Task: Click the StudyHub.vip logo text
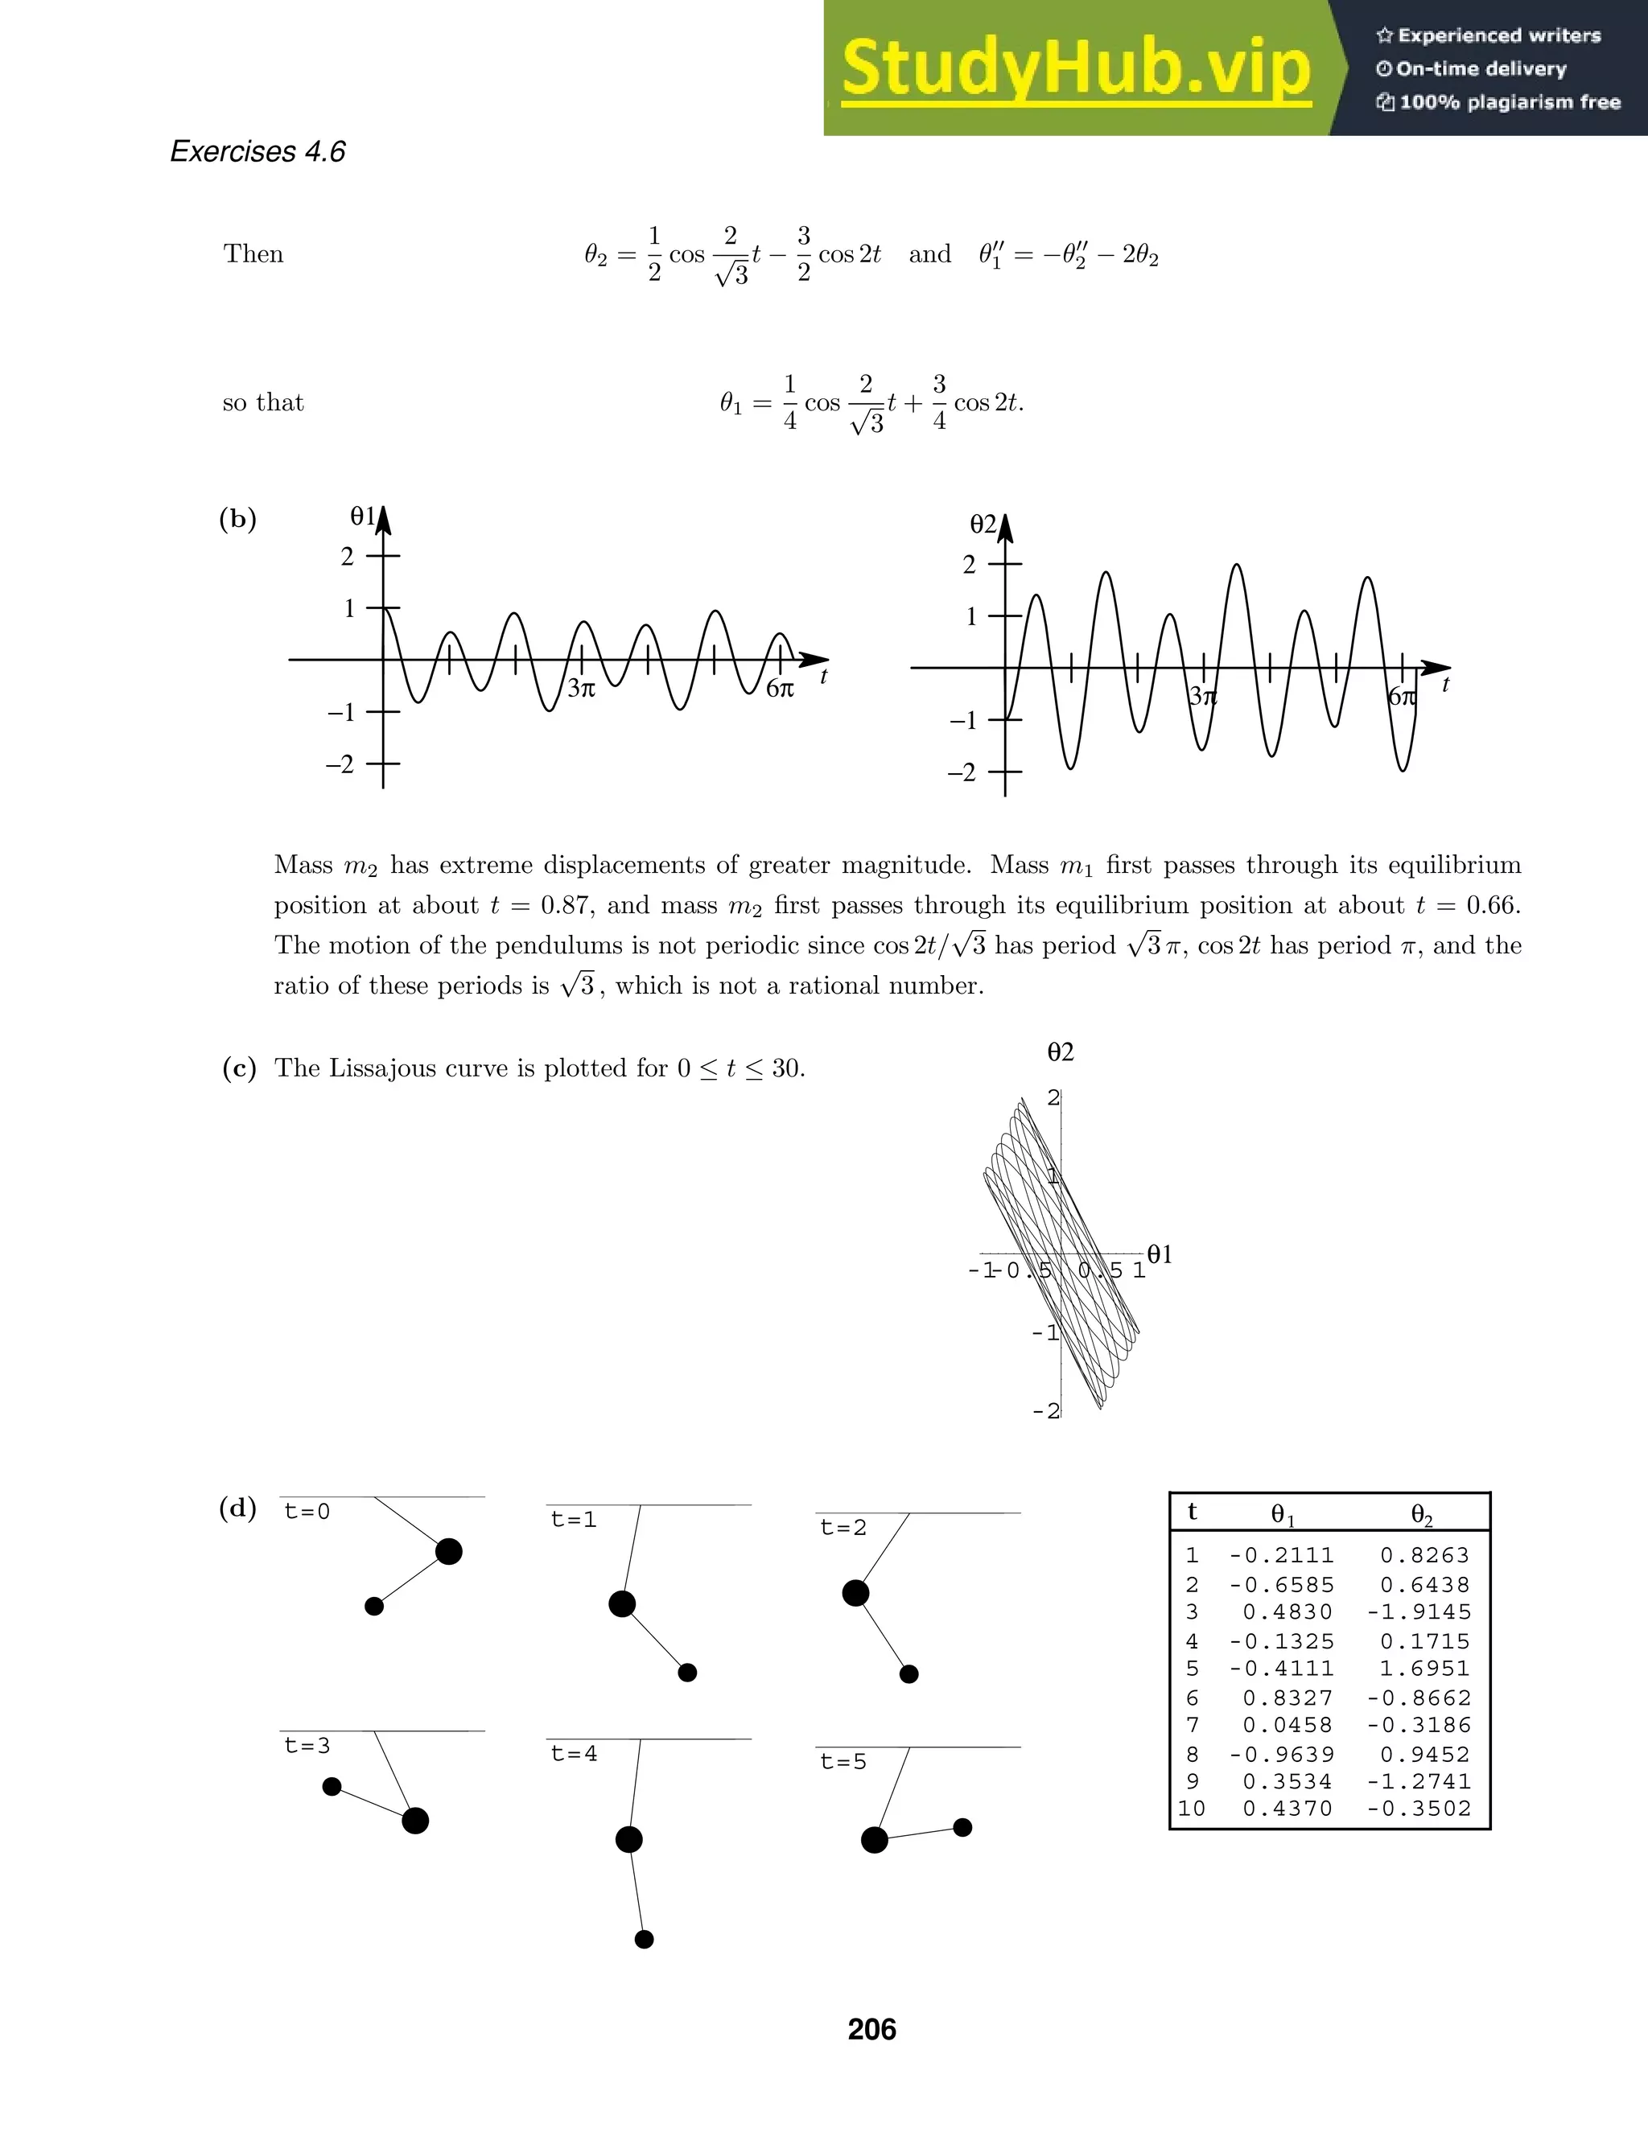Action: coord(1076,68)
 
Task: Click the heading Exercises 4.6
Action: coord(257,152)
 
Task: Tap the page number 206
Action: coord(871,2030)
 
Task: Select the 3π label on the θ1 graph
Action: coord(581,688)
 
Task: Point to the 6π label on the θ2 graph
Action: coord(1401,697)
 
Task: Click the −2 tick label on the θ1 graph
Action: coord(340,764)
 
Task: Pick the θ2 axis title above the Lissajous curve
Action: coord(1061,1052)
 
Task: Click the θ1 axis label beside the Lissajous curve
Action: coord(1160,1254)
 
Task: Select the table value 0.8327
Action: coord(1287,1698)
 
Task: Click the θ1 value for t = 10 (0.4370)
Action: coord(1287,1809)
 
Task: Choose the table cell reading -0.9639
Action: coord(1281,1754)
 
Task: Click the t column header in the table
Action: coord(1192,1513)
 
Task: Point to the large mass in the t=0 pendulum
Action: coord(449,1551)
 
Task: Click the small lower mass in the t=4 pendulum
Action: coord(644,1940)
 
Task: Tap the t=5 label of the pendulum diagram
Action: coord(843,1762)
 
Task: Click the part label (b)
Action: coord(238,520)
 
